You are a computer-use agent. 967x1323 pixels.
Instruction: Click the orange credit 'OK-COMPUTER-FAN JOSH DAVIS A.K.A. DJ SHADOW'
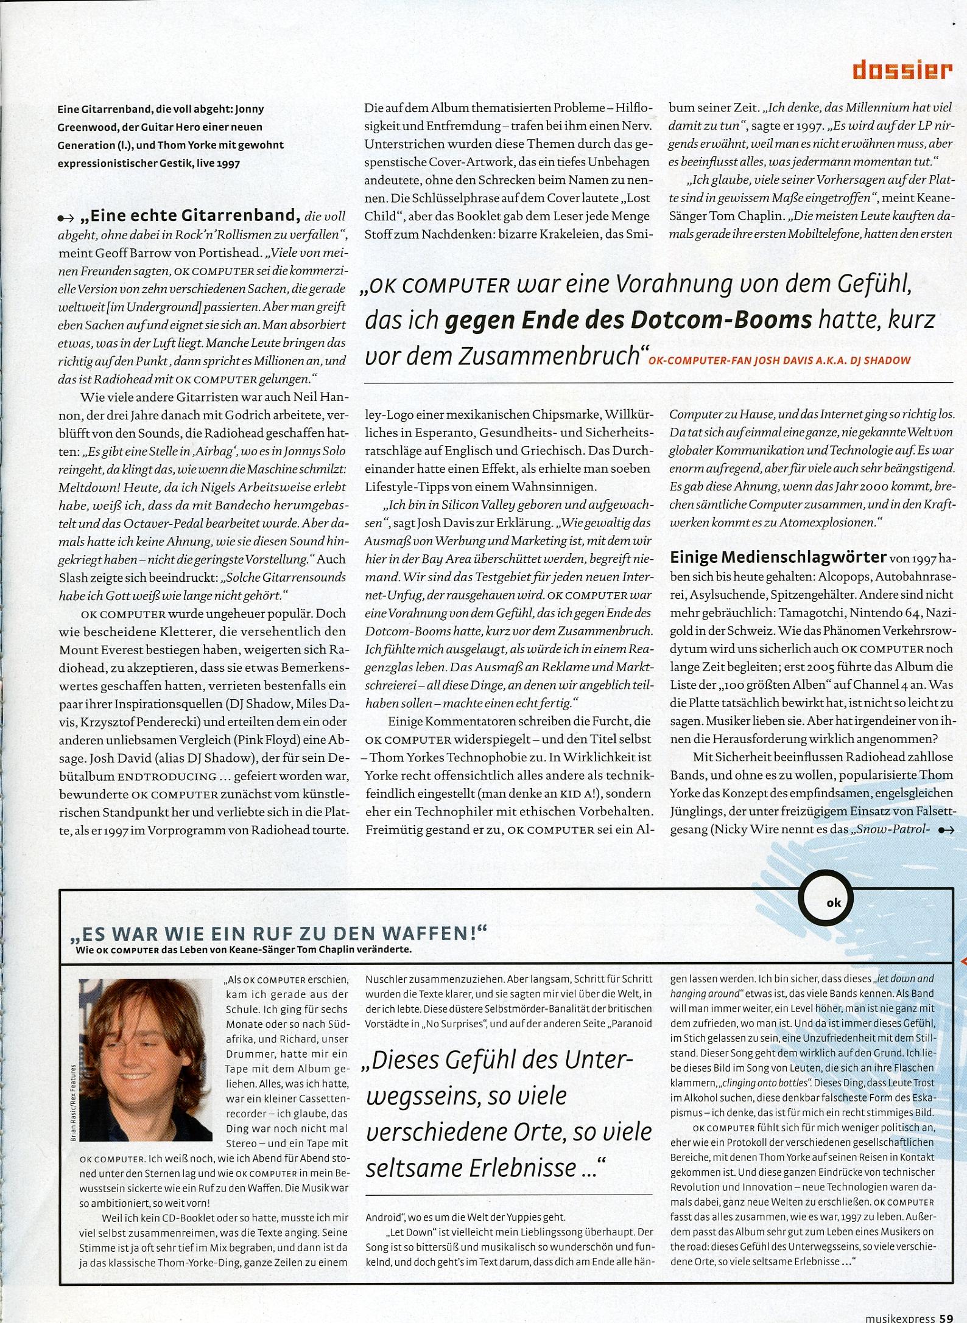(779, 360)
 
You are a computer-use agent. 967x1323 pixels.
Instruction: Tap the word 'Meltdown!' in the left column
(85, 487)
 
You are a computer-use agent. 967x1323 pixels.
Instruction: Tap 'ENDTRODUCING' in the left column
(166, 777)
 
